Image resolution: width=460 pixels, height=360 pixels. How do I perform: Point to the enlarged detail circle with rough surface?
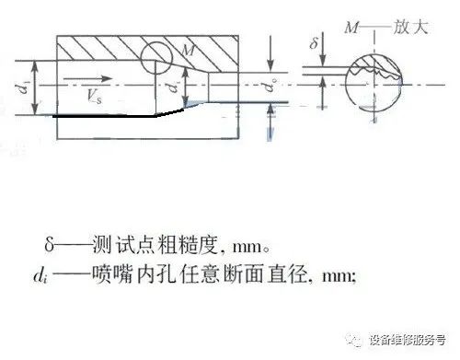(x=376, y=78)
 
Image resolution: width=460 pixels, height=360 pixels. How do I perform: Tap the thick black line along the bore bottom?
(x=110, y=117)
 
